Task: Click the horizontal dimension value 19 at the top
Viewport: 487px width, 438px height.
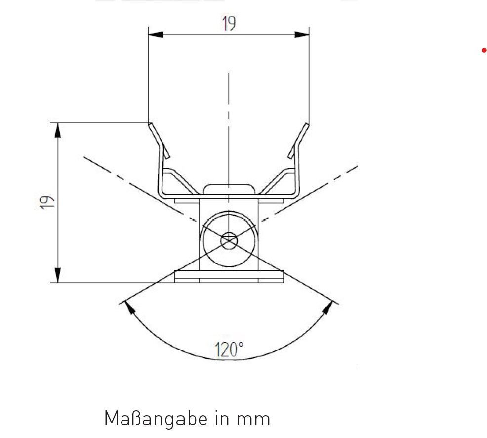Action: click(x=229, y=23)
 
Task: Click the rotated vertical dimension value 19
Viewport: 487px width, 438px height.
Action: click(x=47, y=202)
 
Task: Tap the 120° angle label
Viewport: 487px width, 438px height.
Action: click(x=229, y=350)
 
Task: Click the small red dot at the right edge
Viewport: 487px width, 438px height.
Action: click(x=484, y=50)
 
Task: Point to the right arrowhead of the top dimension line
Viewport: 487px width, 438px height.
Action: click(x=302, y=35)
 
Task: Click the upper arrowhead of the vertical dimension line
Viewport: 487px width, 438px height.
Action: click(x=58, y=130)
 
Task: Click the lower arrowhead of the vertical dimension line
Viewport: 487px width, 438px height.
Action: click(x=58, y=276)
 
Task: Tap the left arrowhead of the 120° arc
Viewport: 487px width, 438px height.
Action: click(x=129, y=307)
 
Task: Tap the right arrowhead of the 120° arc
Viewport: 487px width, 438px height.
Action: click(x=328, y=307)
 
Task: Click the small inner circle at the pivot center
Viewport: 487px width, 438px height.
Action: click(x=229, y=241)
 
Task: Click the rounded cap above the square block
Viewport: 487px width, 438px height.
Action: click(x=229, y=188)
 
